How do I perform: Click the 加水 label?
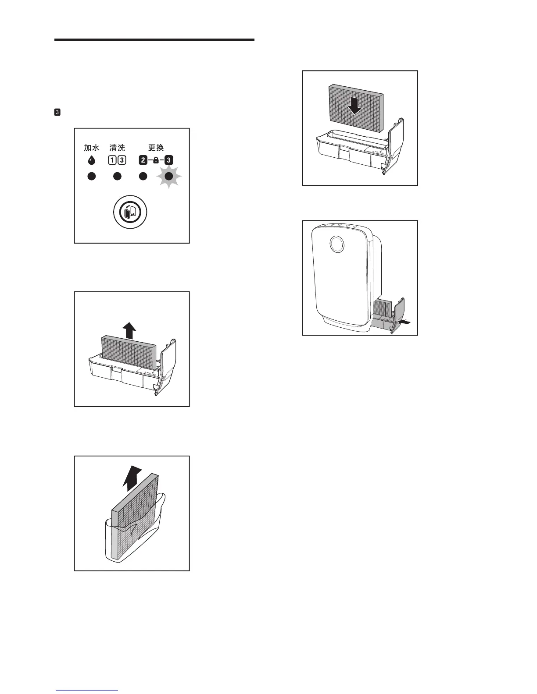(x=92, y=148)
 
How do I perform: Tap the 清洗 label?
(x=117, y=148)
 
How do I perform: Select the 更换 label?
(x=156, y=148)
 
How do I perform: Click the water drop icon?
(x=91, y=160)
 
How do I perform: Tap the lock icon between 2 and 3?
(x=156, y=160)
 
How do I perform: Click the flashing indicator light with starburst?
(x=169, y=177)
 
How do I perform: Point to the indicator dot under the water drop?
(x=91, y=177)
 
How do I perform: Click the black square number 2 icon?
(x=143, y=160)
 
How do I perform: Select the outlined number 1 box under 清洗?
(x=113, y=160)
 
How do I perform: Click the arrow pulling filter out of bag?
(x=132, y=479)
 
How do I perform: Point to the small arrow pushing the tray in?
(x=407, y=322)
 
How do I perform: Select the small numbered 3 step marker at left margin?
(x=57, y=113)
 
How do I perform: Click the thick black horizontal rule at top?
(x=154, y=40)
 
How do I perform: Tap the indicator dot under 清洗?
(x=117, y=177)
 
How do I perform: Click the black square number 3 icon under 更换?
(x=169, y=160)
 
